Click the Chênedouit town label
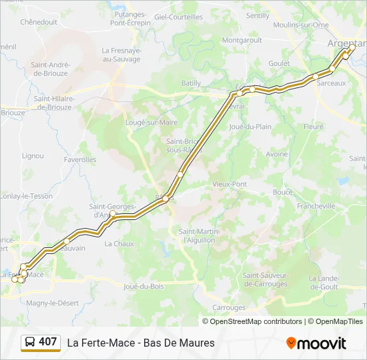[41, 22]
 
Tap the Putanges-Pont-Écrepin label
[131, 19]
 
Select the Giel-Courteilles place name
[178, 17]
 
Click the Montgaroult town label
[242, 40]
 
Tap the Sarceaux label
[332, 83]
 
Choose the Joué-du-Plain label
[250, 126]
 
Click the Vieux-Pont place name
[229, 184]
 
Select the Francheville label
[316, 207]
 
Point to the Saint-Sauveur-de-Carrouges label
[265, 279]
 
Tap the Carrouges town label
[229, 307]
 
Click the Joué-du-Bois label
[143, 287]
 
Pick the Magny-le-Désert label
[52, 303]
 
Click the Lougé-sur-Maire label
[151, 123]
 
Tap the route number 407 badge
[47, 342]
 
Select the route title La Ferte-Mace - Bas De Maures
[141, 343]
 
